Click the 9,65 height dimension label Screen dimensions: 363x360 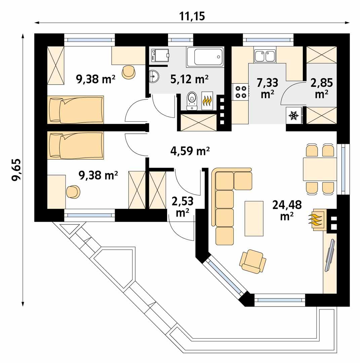(16, 170)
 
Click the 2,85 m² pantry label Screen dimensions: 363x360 (321, 88)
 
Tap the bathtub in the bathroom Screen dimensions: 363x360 (205, 57)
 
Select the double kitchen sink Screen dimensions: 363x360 (265, 56)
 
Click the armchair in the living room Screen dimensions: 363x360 (253, 261)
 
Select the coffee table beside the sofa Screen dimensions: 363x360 (254, 218)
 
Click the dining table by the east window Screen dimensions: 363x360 (320, 170)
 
